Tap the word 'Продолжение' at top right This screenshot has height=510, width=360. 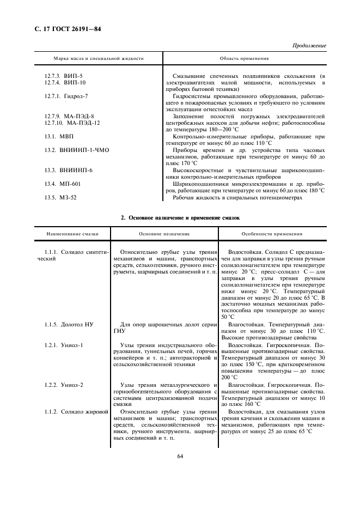[x=309, y=46]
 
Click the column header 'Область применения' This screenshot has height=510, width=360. [x=244, y=58]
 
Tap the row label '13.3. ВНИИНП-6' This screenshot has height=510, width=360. [x=68, y=170]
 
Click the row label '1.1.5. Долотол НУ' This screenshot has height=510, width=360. [x=69, y=324]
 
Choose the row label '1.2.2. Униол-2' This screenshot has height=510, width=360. [x=64, y=385]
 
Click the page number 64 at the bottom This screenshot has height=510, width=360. [x=180, y=457]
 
